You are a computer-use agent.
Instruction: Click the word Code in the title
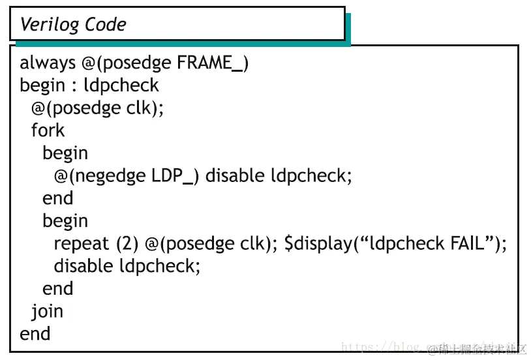pyautogui.click(x=106, y=25)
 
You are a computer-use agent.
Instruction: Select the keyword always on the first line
pyautogui.click(x=48, y=63)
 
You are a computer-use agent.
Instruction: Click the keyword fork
pyautogui.click(x=48, y=130)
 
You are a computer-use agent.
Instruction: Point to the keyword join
pyautogui.click(x=47, y=312)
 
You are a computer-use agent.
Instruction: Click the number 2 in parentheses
pyautogui.click(x=127, y=244)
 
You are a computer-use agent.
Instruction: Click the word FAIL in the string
pyautogui.click(x=470, y=244)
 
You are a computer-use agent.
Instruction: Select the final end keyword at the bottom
pyautogui.click(x=35, y=334)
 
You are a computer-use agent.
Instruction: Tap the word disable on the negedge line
pyautogui.click(x=235, y=176)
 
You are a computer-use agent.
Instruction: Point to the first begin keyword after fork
pyautogui.click(x=65, y=153)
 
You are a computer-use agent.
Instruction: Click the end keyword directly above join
pyautogui.click(x=57, y=289)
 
